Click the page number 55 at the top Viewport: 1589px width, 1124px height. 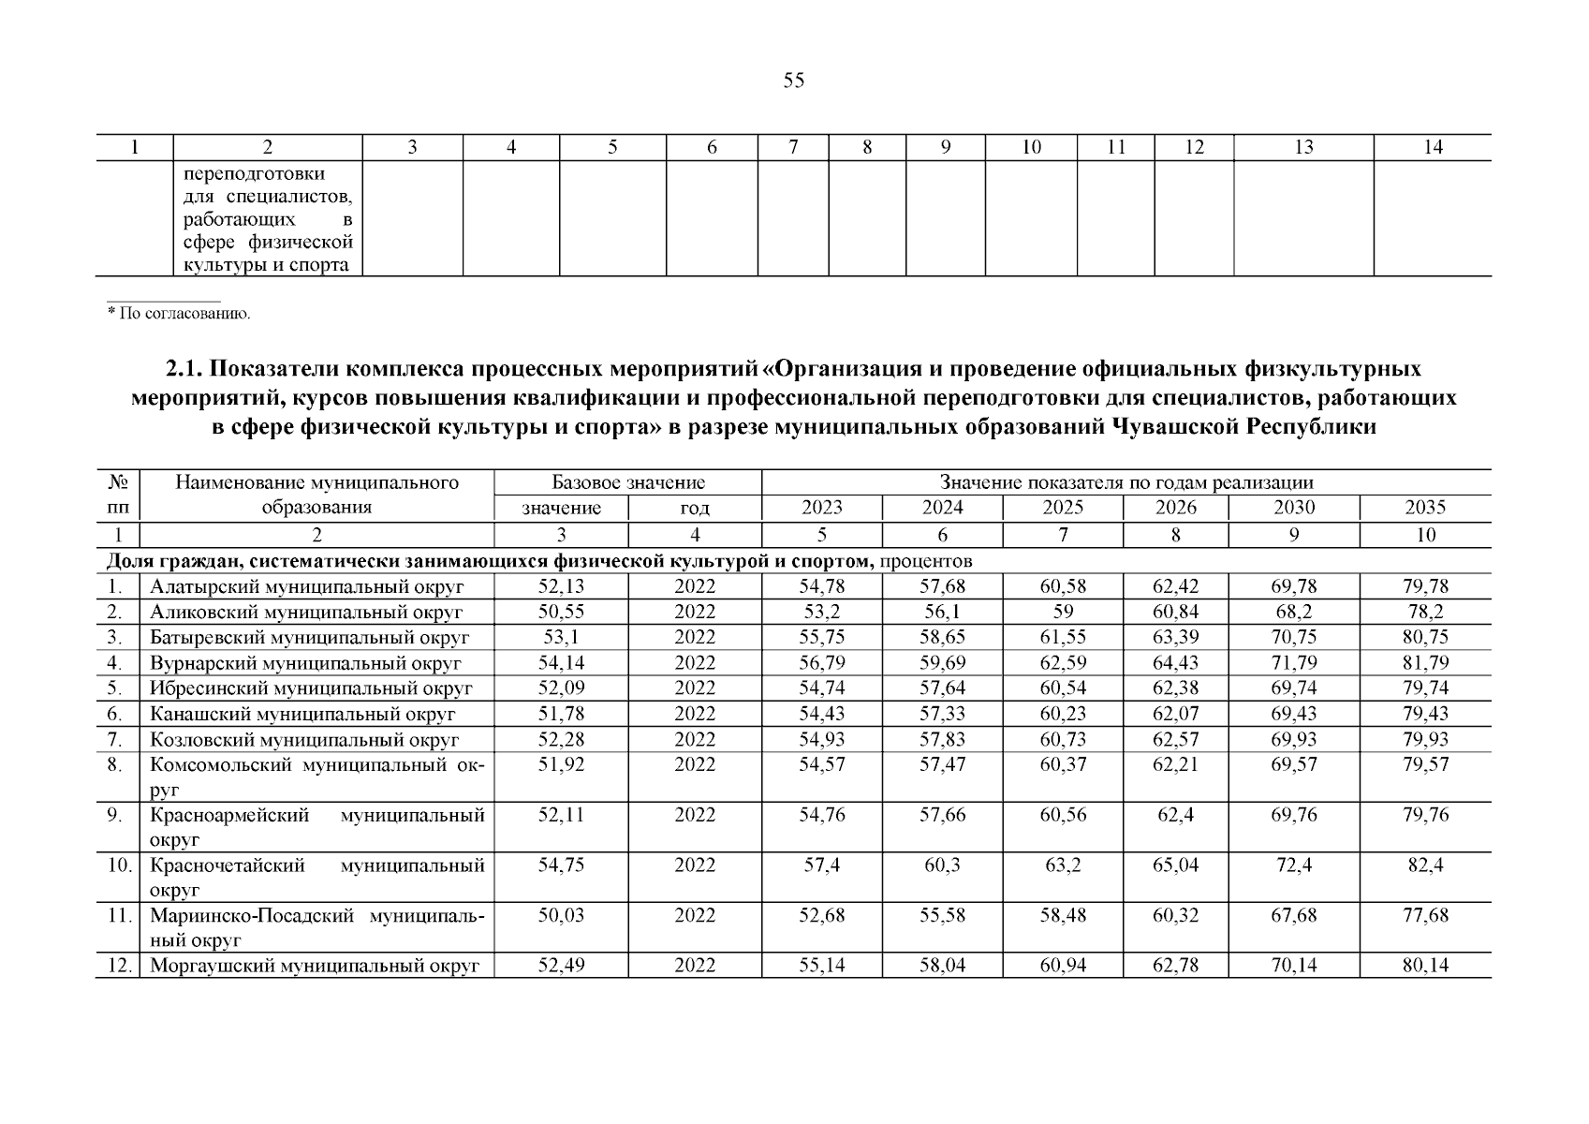(793, 81)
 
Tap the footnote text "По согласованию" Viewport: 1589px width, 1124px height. (184, 313)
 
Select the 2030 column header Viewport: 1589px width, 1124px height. (1294, 508)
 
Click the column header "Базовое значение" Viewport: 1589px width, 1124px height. (628, 483)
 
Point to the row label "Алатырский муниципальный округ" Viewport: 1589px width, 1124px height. (307, 587)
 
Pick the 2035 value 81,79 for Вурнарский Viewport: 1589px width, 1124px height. (1425, 663)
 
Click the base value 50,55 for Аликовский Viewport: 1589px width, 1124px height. (561, 613)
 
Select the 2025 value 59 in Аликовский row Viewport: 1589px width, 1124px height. (1063, 613)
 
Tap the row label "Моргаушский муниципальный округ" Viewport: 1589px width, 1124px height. (315, 966)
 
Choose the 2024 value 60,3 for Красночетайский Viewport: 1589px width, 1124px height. (942, 865)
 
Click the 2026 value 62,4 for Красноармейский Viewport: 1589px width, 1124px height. (1175, 815)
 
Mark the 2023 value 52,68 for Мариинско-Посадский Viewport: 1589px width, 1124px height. (821, 915)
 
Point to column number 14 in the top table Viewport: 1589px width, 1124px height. (1433, 147)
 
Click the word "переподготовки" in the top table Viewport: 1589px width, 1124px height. (255, 174)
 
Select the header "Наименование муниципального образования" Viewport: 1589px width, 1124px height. (316, 495)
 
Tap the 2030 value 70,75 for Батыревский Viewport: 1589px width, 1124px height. (1294, 638)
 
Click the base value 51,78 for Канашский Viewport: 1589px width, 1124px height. (561, 714)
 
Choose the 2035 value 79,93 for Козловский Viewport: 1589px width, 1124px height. (1425, 739)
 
